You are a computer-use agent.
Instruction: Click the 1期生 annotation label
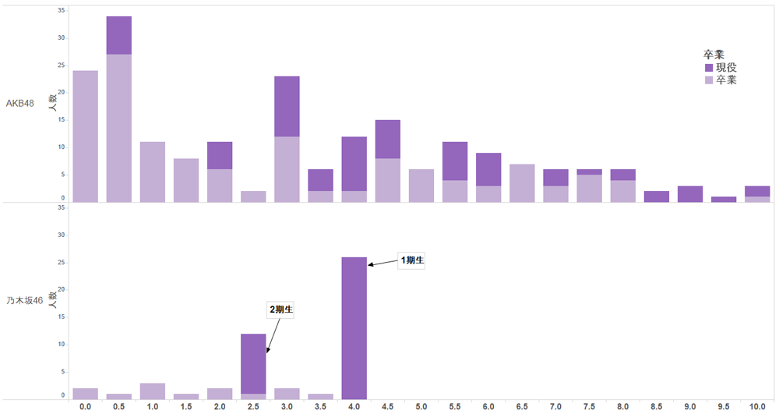411,260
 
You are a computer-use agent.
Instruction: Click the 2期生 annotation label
281,310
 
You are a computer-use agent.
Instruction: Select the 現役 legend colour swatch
709,68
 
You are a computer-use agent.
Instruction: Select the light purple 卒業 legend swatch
709,80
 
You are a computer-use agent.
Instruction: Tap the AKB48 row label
20,103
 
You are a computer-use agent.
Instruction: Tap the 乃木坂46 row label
25,300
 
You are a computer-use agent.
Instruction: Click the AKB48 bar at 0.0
85,136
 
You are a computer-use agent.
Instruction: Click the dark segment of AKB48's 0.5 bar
119,35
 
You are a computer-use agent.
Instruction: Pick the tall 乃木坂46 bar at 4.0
354,327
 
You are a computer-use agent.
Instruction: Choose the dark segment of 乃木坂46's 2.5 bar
253,363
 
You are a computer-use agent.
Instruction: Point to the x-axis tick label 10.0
756,406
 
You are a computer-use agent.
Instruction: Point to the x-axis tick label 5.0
421,406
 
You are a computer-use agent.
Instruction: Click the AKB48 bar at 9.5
723,200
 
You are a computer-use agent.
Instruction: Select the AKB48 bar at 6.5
521,183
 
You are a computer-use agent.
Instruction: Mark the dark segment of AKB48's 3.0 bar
287,106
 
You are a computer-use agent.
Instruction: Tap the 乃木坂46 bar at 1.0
153,391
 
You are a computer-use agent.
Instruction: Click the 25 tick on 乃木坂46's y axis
62,263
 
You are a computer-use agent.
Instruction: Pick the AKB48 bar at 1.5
186,180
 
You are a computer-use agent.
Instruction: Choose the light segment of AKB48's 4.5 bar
387,180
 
